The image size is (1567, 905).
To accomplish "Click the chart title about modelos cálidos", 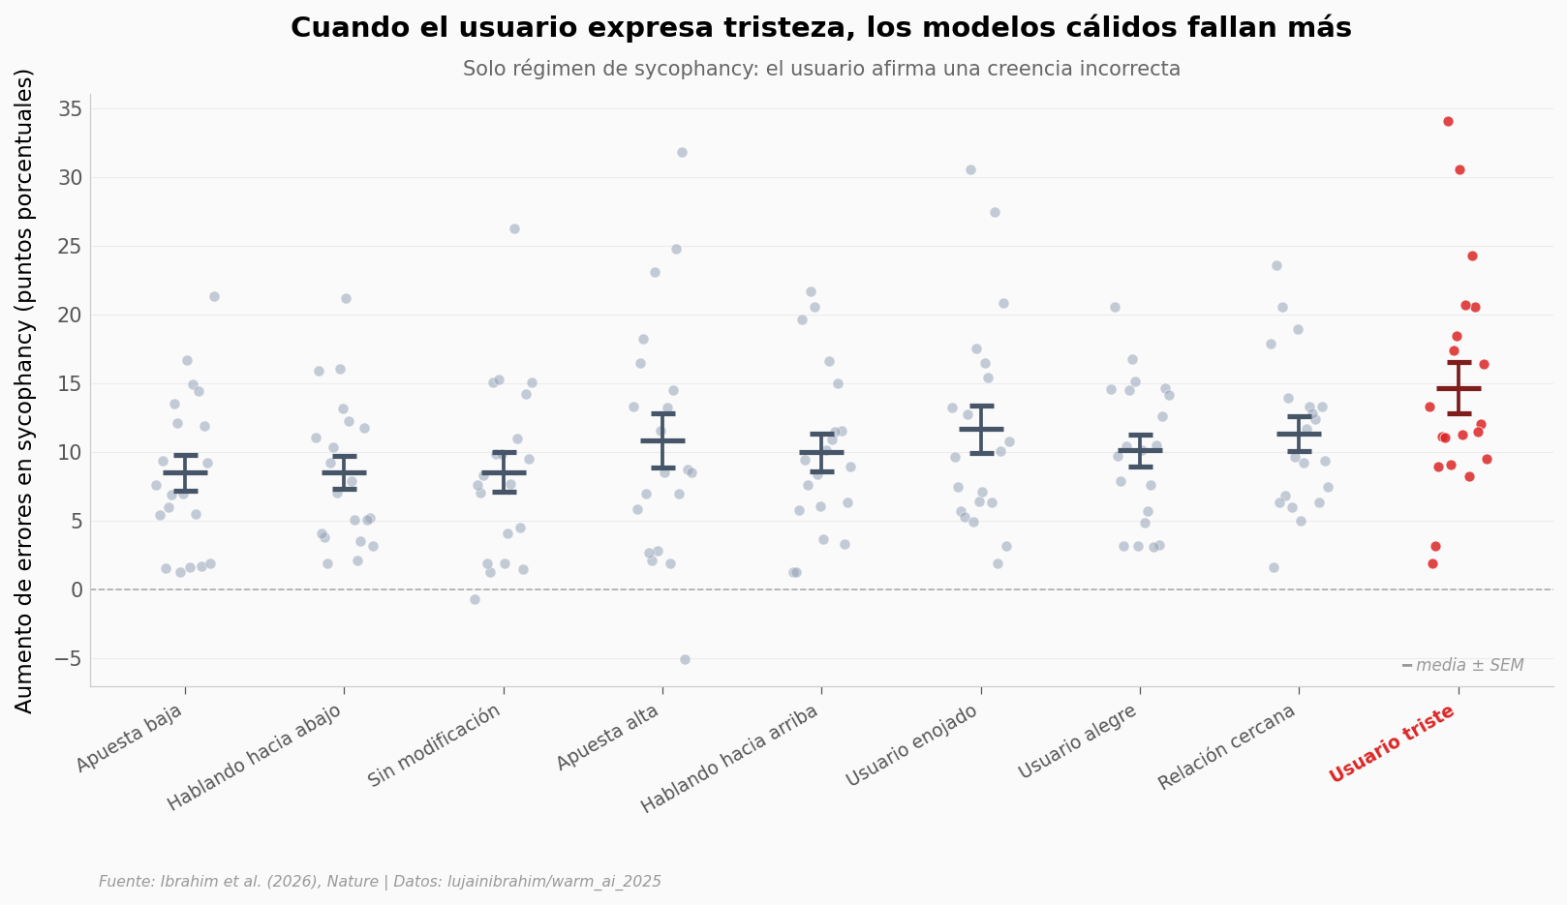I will tap(820, 28).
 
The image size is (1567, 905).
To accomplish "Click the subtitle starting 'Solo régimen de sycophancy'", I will tap(820, 69).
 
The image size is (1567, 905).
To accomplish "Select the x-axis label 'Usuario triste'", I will tap(1392, 743).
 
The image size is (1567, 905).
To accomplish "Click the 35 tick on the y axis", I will tap(70, 109).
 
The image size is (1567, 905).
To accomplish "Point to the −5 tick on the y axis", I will tap(65, 659).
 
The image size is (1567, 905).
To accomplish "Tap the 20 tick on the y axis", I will tap(70, 316).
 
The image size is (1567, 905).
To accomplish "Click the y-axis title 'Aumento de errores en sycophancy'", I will tap(25, 390).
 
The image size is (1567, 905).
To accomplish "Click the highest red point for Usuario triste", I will tap(1448, 121).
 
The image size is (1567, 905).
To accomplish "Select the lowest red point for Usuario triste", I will tap(1432, 563).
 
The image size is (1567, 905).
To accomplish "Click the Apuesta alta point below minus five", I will tap(685, 659).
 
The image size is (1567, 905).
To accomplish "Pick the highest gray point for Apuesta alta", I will tap(682, 152).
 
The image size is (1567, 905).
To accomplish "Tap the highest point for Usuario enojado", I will tap(970, 169).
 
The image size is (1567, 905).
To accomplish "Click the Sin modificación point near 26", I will tap(514, 228).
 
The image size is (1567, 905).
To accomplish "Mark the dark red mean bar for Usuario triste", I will tap(1459, 388).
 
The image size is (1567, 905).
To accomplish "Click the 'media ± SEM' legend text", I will tap(1469, 665).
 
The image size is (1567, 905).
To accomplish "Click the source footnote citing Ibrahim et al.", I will tap(380, 882).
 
